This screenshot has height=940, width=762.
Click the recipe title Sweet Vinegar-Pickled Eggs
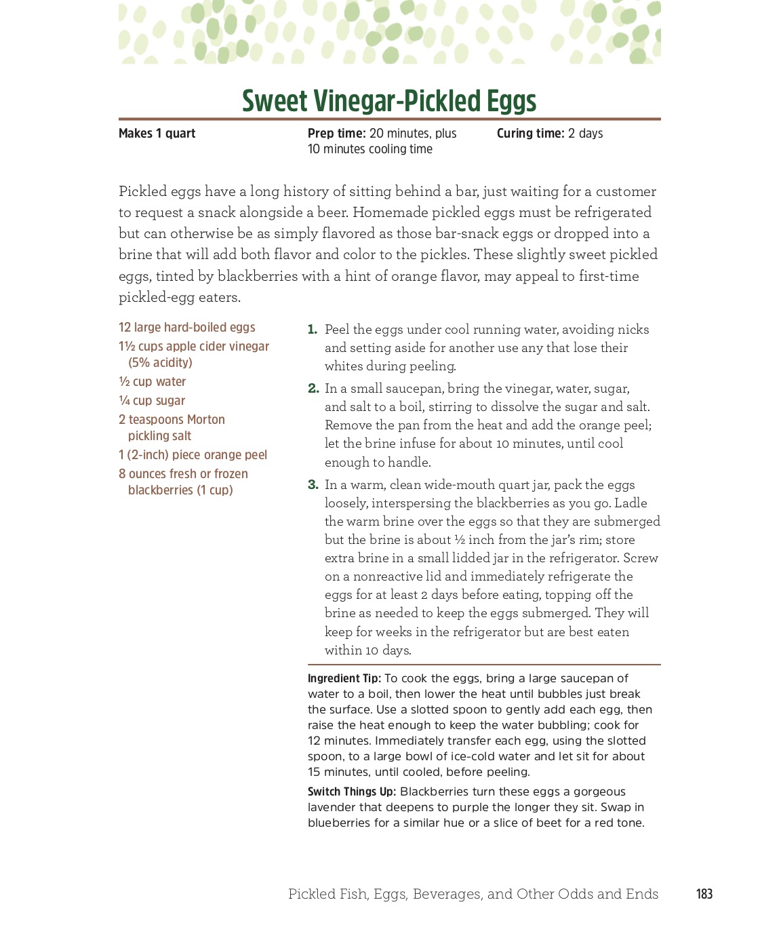[x=389, y=101]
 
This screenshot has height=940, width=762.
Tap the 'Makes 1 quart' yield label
[x=157, y=134]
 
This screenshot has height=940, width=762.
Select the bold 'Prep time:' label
[x=336, y=134]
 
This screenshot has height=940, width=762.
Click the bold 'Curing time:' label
[x=530, y=134]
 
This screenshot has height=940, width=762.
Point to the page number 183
[x=704, y=894]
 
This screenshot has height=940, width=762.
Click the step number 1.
[x=312, y=330]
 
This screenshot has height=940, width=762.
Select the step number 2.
[x=313, y=389]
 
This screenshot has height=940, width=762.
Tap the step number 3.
[x=313, y=485]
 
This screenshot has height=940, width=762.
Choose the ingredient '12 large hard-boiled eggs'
[x=187, y=328]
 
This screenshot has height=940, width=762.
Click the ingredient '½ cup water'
[x=153, y=382]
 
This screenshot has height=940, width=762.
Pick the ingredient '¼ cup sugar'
[x=152, y=401]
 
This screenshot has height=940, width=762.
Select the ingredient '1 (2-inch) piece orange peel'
[x=193, y=455]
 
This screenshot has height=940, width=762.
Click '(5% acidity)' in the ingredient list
[x=160, y=363]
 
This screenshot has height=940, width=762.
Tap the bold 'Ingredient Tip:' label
[x=344, y=678]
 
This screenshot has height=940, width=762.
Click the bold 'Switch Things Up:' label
[x=352, y=791]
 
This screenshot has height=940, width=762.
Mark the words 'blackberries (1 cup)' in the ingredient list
[x=180, y=490]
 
